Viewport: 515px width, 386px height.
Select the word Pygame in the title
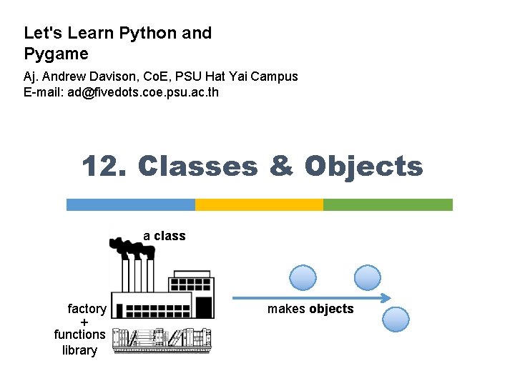pyautogui.click(x=56, y=54)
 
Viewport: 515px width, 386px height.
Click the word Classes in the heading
pyautogui.click(x=198, y=167)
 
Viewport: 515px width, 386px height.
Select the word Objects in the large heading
pyautogui.click(x=363, y=167)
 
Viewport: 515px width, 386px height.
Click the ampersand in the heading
pyautogui.click(x=281, y=167)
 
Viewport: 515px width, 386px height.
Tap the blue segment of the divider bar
pyautogui.click(x=130, y=204)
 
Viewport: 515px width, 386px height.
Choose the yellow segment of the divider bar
pyautogui.click(x=259, y=204)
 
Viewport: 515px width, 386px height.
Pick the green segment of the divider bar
pyautogui.click(x=388, y=204)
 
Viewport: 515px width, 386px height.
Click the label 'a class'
pyautogui.click(x=164, y=236)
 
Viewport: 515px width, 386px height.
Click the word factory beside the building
pyautogui.click(x=87, y=309)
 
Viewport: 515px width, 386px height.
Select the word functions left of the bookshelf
pyautogui.click(x=79, y=334)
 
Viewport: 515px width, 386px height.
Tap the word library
pyautogui.click(x=79, y=350)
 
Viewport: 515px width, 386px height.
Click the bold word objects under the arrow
pyautogui.click(x=331, y=309)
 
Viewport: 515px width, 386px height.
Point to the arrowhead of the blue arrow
pyautogui.click(x=387, y=298)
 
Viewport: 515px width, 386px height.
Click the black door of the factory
pyautogui.click(x=204, y=307)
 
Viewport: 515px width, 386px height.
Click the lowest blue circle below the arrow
pyautogui.click(x=396, y=319)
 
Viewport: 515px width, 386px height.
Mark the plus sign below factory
pyautogui.click(x=84, y=322)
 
